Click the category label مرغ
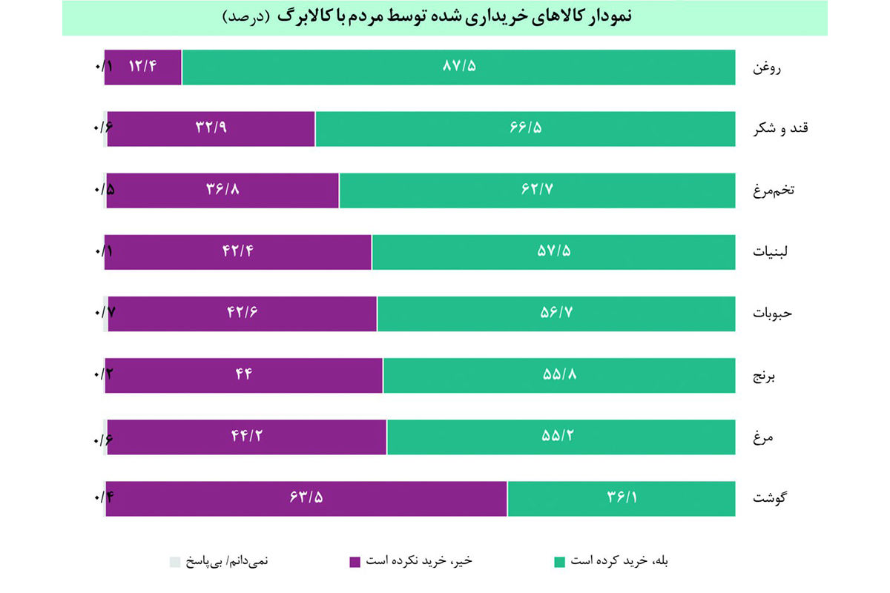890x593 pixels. tap(763, 437)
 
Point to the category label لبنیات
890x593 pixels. tap(771, 252)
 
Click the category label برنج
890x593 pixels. tap(765, 375)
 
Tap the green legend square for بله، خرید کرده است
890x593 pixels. tap(560, 562)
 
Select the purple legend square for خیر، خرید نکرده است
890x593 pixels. tap(355, 562)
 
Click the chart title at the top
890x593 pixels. tap(445, 17)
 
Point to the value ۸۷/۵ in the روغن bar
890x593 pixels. tap(459, 67)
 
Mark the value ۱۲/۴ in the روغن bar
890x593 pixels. tap(143, 67)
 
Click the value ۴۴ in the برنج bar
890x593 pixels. tap(244, 374)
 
